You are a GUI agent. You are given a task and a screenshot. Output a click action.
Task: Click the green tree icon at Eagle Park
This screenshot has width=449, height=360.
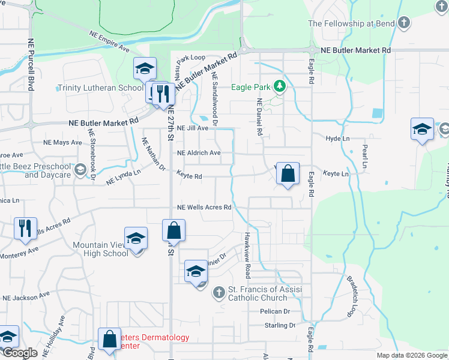279,87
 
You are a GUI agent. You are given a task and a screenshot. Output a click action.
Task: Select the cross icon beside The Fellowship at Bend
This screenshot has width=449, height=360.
404,23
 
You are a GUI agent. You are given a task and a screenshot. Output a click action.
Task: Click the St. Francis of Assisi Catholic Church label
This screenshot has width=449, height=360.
264,295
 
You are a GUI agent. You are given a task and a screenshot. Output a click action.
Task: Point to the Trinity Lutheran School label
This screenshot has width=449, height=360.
100,88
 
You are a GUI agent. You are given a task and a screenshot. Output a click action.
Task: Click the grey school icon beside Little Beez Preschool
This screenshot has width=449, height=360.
80,170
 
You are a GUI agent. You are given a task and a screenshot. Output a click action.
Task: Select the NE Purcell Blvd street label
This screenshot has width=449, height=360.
29,65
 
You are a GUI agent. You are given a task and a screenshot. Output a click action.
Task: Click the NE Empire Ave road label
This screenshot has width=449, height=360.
109,41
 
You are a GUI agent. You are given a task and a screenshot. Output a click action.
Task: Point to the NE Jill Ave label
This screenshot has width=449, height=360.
193,128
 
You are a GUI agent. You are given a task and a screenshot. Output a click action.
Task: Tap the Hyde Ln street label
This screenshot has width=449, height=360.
337,138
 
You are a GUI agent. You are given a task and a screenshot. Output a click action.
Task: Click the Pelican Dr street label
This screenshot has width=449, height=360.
275,311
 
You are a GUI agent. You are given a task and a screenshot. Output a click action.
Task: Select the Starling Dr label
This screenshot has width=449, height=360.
280,325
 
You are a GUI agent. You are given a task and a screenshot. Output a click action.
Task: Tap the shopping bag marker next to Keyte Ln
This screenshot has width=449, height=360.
288,174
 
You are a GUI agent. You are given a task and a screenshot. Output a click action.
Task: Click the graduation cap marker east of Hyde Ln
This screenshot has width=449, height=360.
422,130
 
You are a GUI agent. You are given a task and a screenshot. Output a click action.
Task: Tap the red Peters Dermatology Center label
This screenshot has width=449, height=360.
144,341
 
